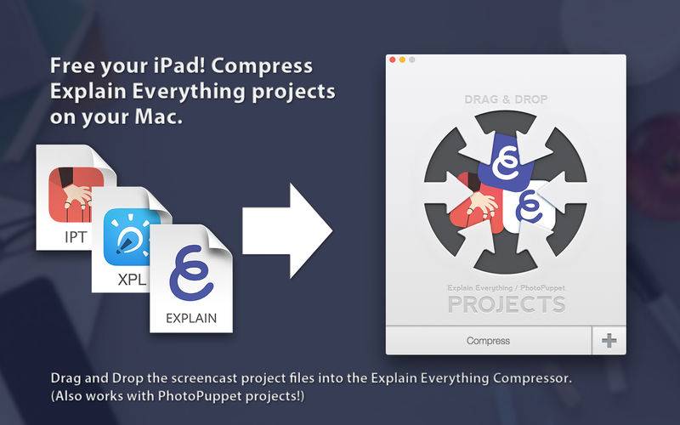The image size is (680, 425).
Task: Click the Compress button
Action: pos(488,341)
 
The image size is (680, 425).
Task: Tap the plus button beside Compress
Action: pos(609,341)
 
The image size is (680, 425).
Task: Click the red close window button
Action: pos(393,59)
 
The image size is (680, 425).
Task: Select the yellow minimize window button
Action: pos(402,59)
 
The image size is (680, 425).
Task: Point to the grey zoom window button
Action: pos(411,59)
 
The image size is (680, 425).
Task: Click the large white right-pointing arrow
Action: pos(287,230)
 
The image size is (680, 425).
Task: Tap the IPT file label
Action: pos(76,237)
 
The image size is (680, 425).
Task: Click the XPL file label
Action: pos(132,280)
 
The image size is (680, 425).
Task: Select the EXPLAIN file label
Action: pos(191,318)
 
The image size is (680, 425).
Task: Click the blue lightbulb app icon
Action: pos(131,237)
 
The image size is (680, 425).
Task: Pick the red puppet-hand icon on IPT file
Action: pos(76,195)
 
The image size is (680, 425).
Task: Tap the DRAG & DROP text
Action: pos(506,99)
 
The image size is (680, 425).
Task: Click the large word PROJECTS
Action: pos(507,304)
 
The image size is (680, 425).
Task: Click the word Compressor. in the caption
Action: pos(533,378)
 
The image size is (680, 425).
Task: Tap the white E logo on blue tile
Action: pos(505,162)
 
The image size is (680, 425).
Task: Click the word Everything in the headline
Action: pos(189,92)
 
